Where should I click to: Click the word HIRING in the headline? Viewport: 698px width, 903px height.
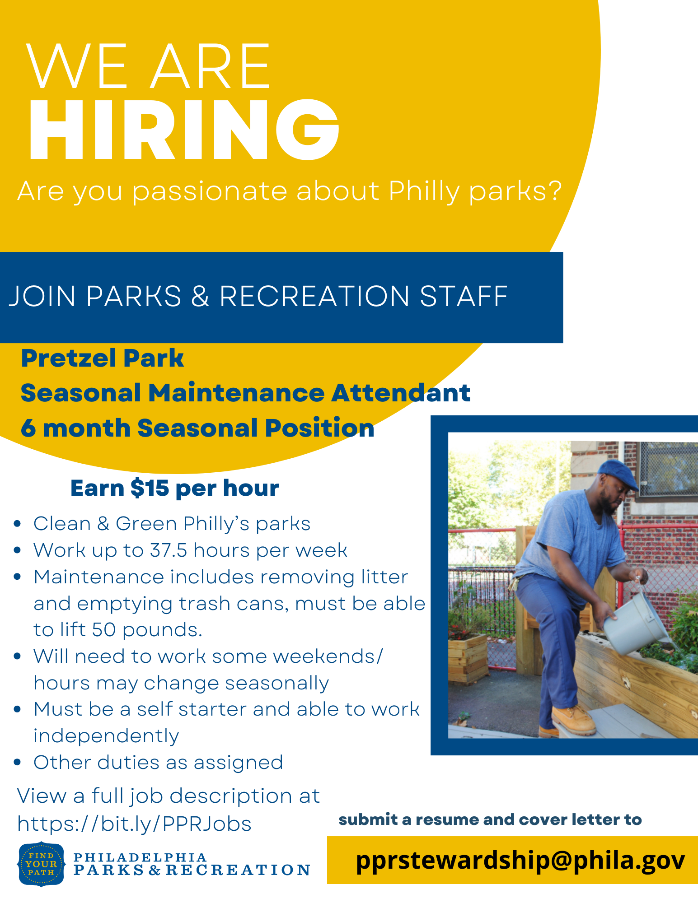[184, 130]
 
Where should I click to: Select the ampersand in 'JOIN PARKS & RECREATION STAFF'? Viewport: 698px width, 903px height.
[200, 296]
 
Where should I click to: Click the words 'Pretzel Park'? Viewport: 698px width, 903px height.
[103, 358]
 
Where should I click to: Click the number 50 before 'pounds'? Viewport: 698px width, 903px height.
[104, 630]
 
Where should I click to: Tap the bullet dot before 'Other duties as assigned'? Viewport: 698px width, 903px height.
[18, 763]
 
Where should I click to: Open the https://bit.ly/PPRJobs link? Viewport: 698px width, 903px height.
[134, 824]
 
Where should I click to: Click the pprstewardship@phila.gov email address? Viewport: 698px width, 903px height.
[520, 861]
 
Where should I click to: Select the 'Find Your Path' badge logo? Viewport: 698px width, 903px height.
[41, 864]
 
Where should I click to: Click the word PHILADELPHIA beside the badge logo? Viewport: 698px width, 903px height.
[140, 857]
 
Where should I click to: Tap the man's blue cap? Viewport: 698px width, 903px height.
[618, 474]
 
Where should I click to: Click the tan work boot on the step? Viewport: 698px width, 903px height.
[574, 719]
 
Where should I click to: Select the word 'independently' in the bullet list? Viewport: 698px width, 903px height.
[107, 736]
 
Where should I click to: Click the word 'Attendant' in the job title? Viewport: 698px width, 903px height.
[401, 393]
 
